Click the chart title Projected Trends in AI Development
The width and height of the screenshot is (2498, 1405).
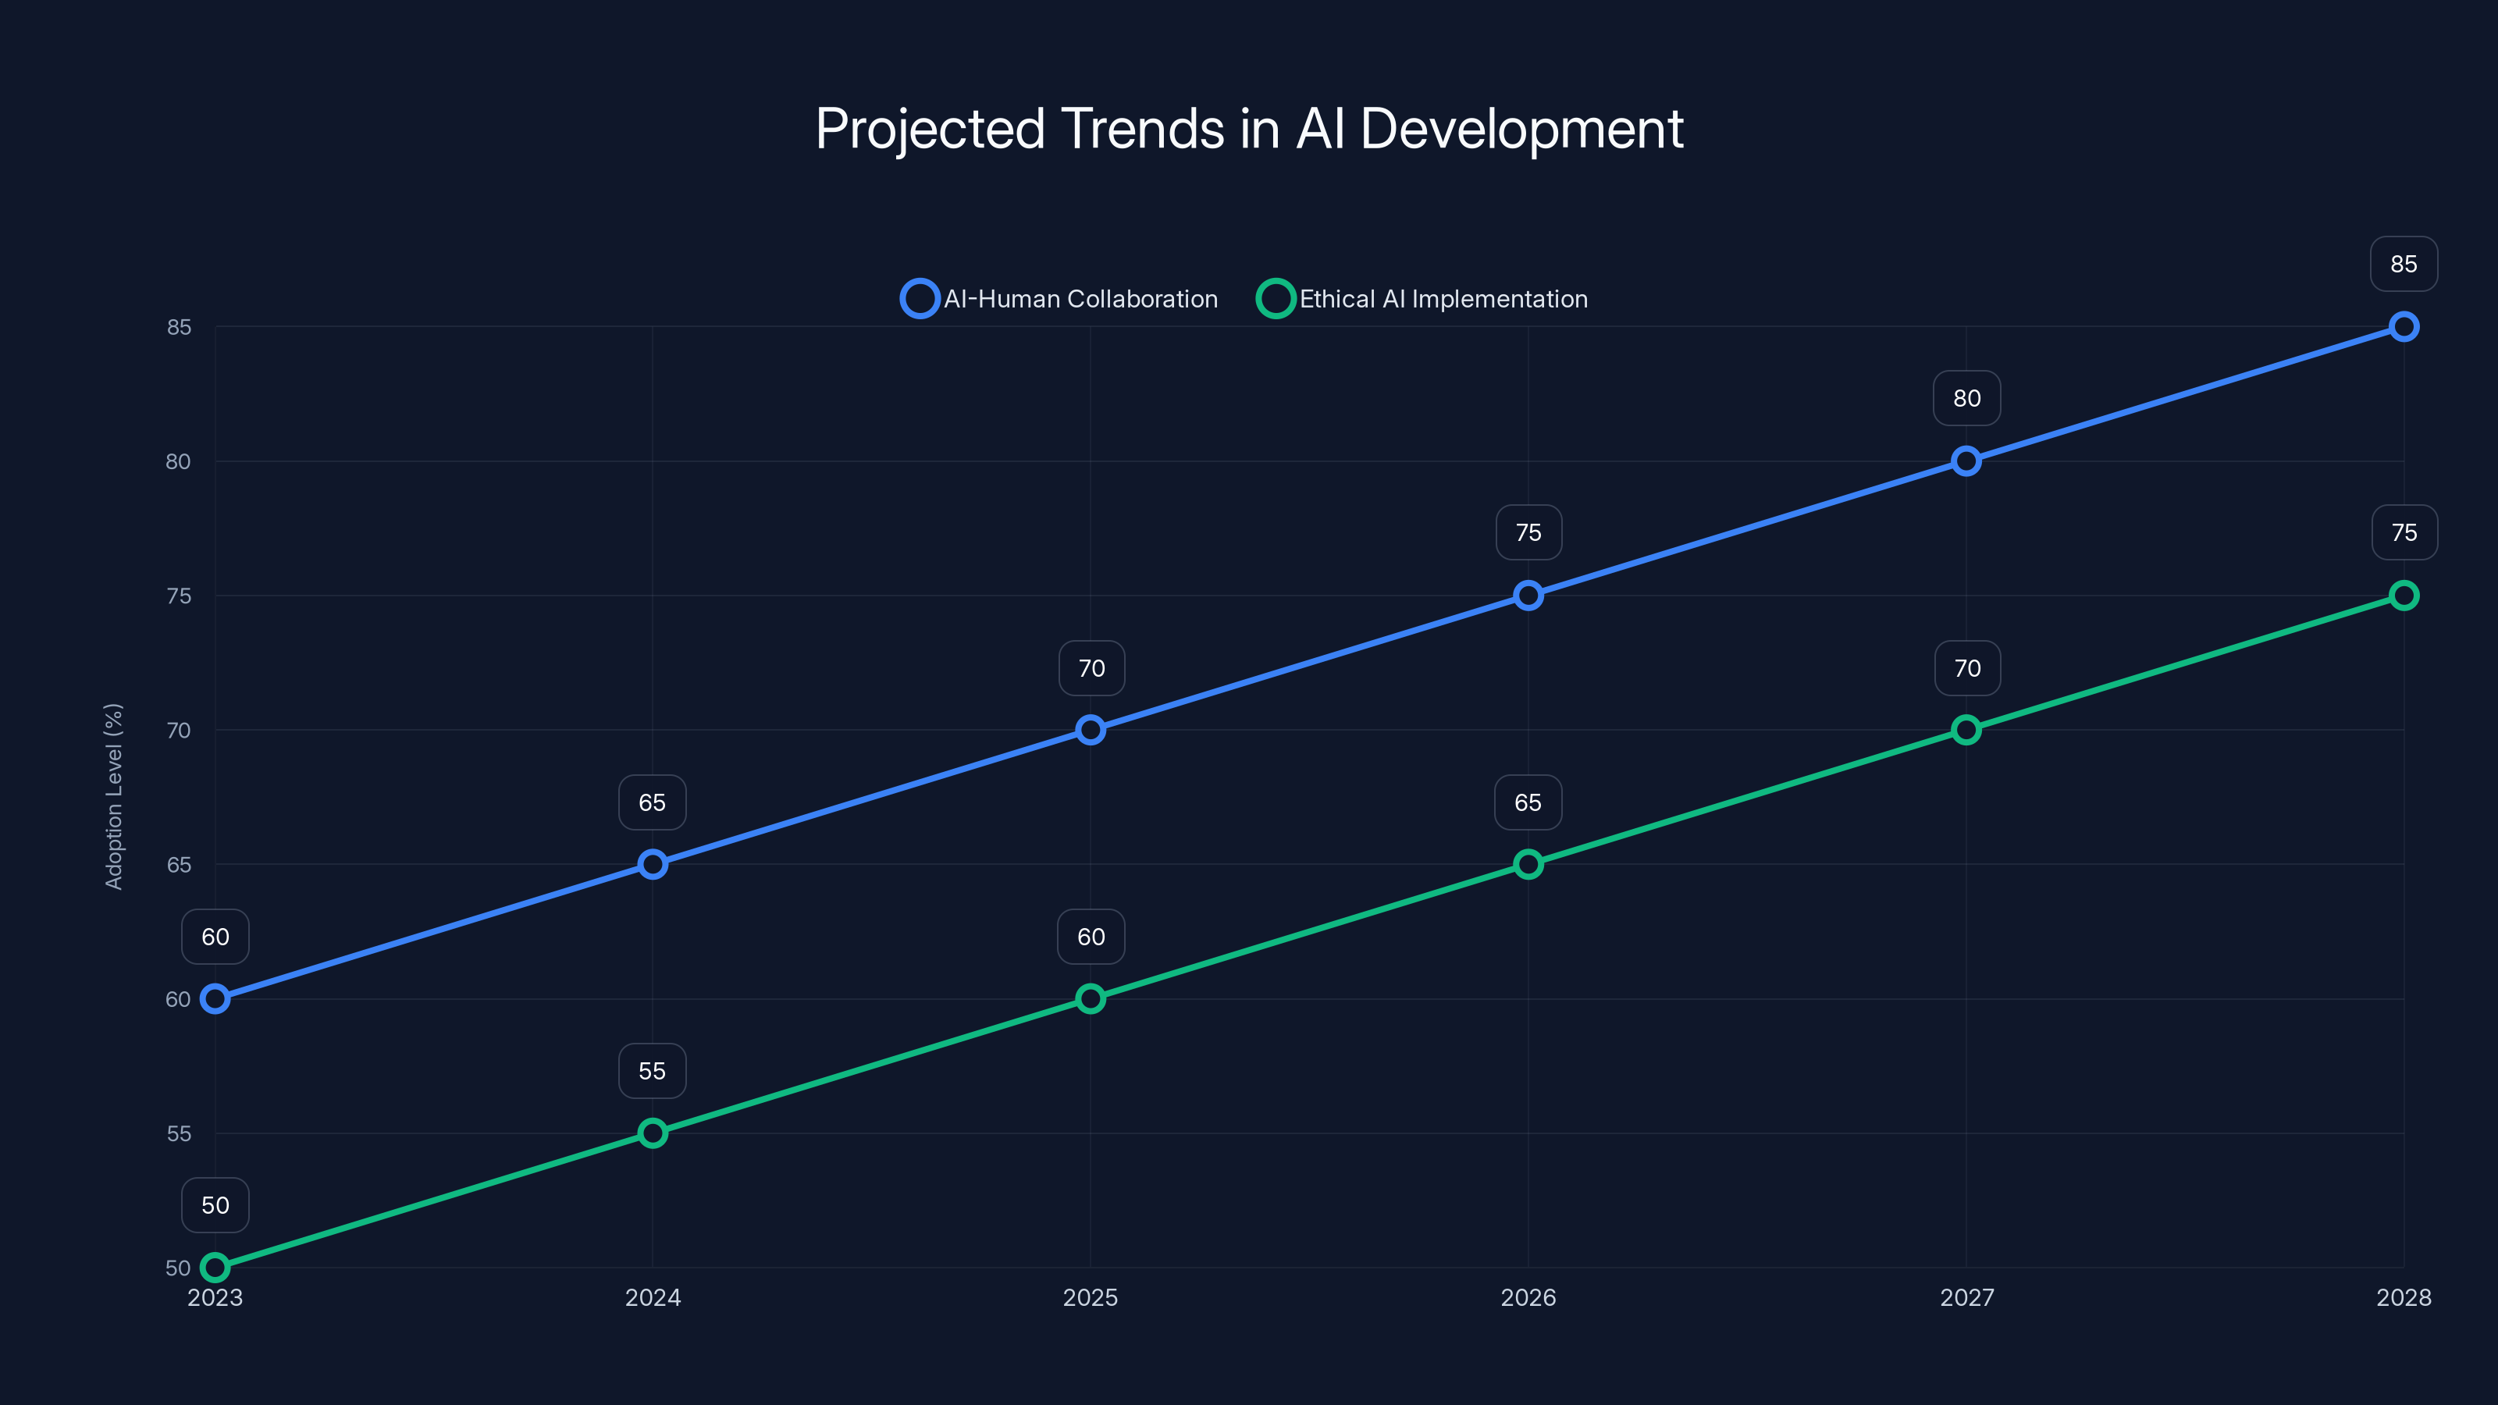pos(1249,129)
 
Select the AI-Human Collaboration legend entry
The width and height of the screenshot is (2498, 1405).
pos(1060,299)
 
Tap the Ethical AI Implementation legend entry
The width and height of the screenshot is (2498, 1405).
pos(1422,299)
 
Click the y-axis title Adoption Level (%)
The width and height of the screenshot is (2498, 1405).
pos(115,796)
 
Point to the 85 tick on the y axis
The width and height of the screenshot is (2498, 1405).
pos(179,328)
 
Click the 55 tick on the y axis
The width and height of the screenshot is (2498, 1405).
pos(179,1133)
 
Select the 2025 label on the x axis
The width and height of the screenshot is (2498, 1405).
pos(1090,1297)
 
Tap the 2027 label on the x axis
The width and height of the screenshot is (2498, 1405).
pos(1966,1297)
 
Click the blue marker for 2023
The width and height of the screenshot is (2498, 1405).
pos(215,999)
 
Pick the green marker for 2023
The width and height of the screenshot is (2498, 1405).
pos(215,1268)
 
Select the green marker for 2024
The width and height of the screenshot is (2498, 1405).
pos(653,1133)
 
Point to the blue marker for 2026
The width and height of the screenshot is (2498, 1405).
pos(1528,596)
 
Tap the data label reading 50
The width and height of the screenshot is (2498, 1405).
pos(215,1205)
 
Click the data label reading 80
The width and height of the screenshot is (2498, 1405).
pos(1966,399)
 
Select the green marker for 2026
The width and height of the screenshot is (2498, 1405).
pos(1528,864)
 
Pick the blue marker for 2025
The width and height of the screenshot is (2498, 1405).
pos(1090,730)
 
